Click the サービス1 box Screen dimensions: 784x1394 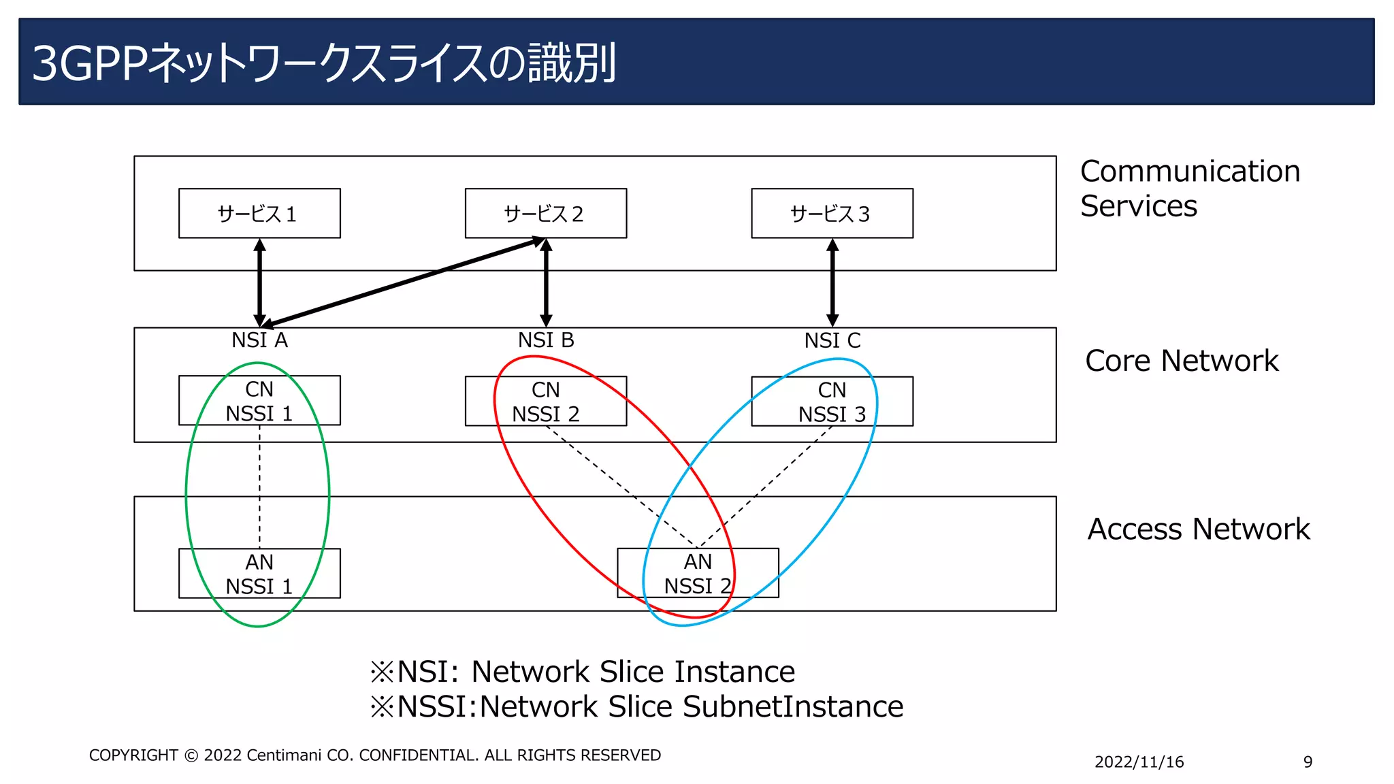coord(259,214)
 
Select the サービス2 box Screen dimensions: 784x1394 coord(545,214)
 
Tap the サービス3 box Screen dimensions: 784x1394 coord(832,214)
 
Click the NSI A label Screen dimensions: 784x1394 coord(259,340)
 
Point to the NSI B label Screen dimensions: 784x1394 coord(546,340)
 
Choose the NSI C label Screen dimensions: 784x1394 coord(832,340)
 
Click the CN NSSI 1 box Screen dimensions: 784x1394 coord(259,401)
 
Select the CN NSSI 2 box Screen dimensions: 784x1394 coord(545,402)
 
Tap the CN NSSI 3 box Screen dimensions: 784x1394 coord(832,402)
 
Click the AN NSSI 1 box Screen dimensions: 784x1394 coord(259,574)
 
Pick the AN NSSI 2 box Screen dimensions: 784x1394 coord(698,573)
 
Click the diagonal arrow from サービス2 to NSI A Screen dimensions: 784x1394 coord(402,282)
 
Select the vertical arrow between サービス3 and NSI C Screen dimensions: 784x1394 coord(832,282)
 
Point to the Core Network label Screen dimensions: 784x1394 coord(1182,361)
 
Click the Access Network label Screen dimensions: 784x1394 coord(1198,529)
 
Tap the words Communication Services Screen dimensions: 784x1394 coord(1189,189)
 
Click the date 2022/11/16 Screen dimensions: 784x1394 coord(1139,762)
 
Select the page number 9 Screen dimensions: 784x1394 coord(1308,762)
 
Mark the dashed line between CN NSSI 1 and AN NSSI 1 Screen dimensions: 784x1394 coord(259,487)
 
